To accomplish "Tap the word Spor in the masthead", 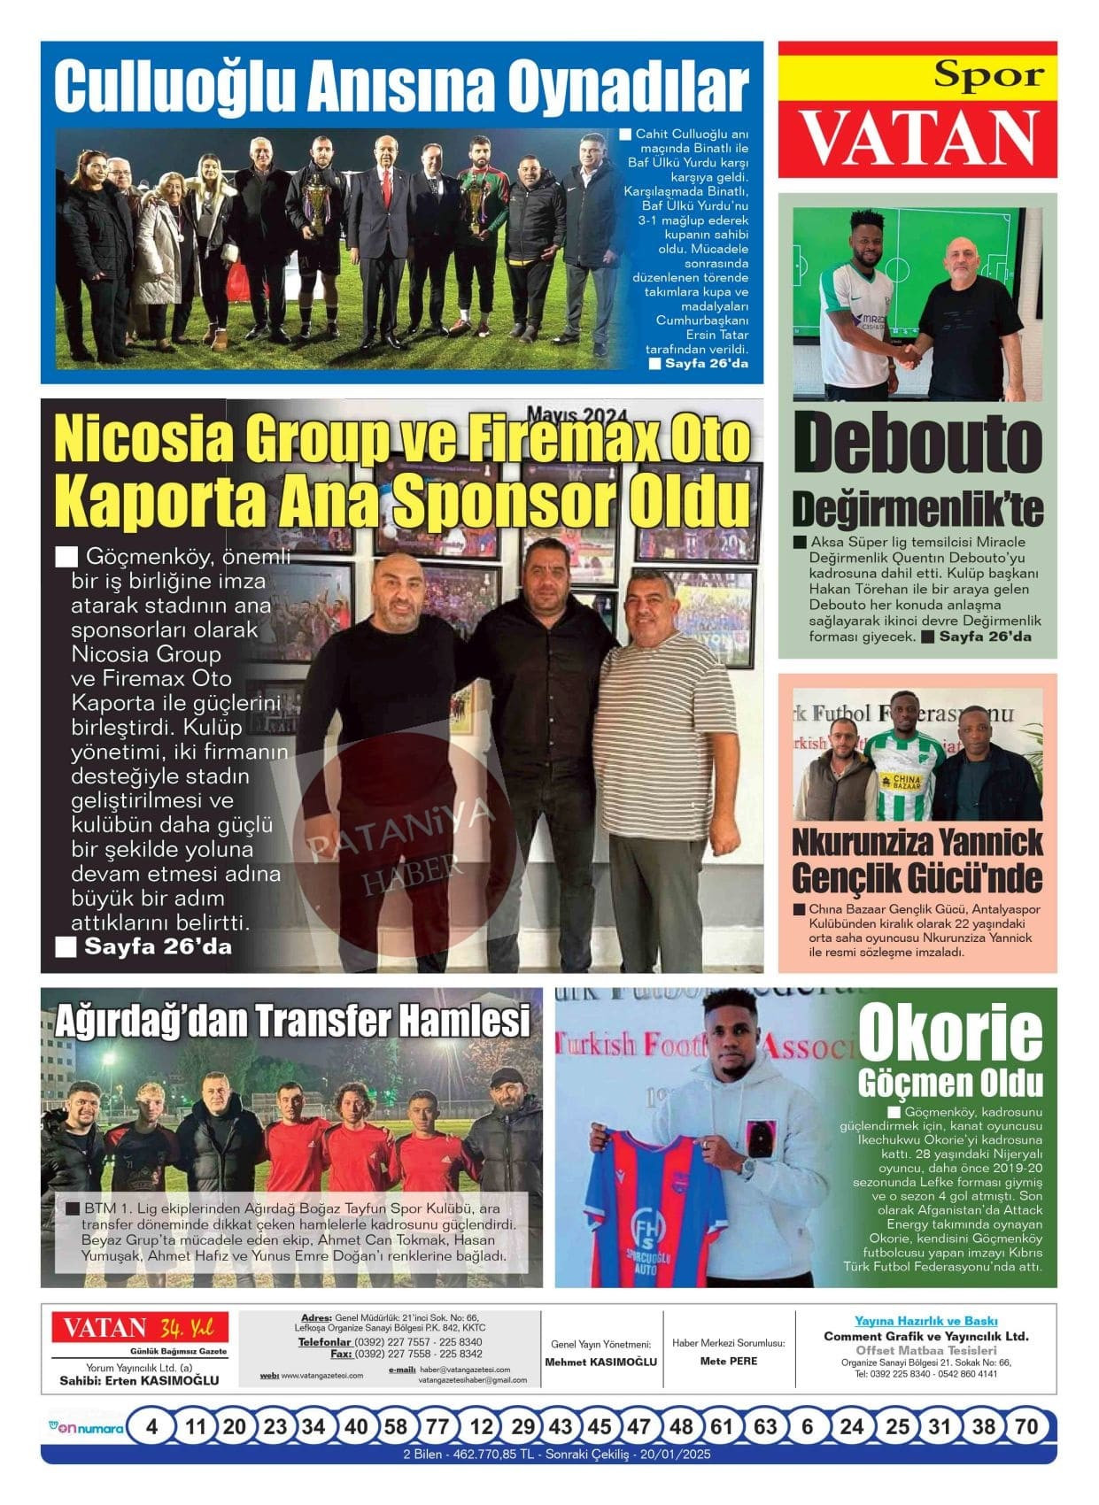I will click(989, 76).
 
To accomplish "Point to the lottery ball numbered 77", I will click(437, 1427).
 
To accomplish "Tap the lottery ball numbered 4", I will click(152, 1427).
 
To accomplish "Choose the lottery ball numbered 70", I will click(1025, 1427).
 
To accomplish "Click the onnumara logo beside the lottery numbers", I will click(85, 1427).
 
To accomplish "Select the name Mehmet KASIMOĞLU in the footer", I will click(601, 1362).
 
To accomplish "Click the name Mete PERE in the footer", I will click(729, 1361).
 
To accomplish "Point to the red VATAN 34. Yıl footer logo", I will click(139, 1328).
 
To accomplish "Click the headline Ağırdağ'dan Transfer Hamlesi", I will click(292, 1021).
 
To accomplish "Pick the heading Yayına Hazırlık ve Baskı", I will click(925, 1321).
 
